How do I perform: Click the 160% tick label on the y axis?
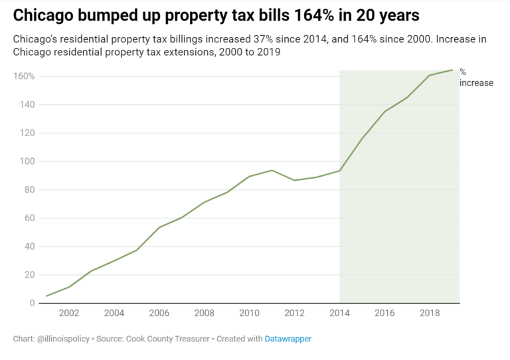[x=24, y=76]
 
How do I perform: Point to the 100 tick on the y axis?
[x=26, y=161]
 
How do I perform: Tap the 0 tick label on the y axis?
[x=31, y=304]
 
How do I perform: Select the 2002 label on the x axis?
[x=69, y=314]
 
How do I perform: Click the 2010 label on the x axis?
[x=249, y=314]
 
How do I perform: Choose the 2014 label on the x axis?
[x=339, y=314]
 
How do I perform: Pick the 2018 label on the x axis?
[x=430, y=314]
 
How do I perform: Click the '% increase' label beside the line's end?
[x=476, y=78]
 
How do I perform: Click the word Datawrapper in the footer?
[x=288, y=339]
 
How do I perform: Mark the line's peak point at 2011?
[x=272, y=170]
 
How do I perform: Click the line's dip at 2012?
[x=294, y=180]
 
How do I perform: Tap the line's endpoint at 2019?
[x=452, y=70]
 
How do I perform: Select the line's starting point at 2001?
[x=46, y=296]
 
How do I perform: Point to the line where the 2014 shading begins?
[x=339, y=171]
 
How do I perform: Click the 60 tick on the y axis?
[x=29, y=218]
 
